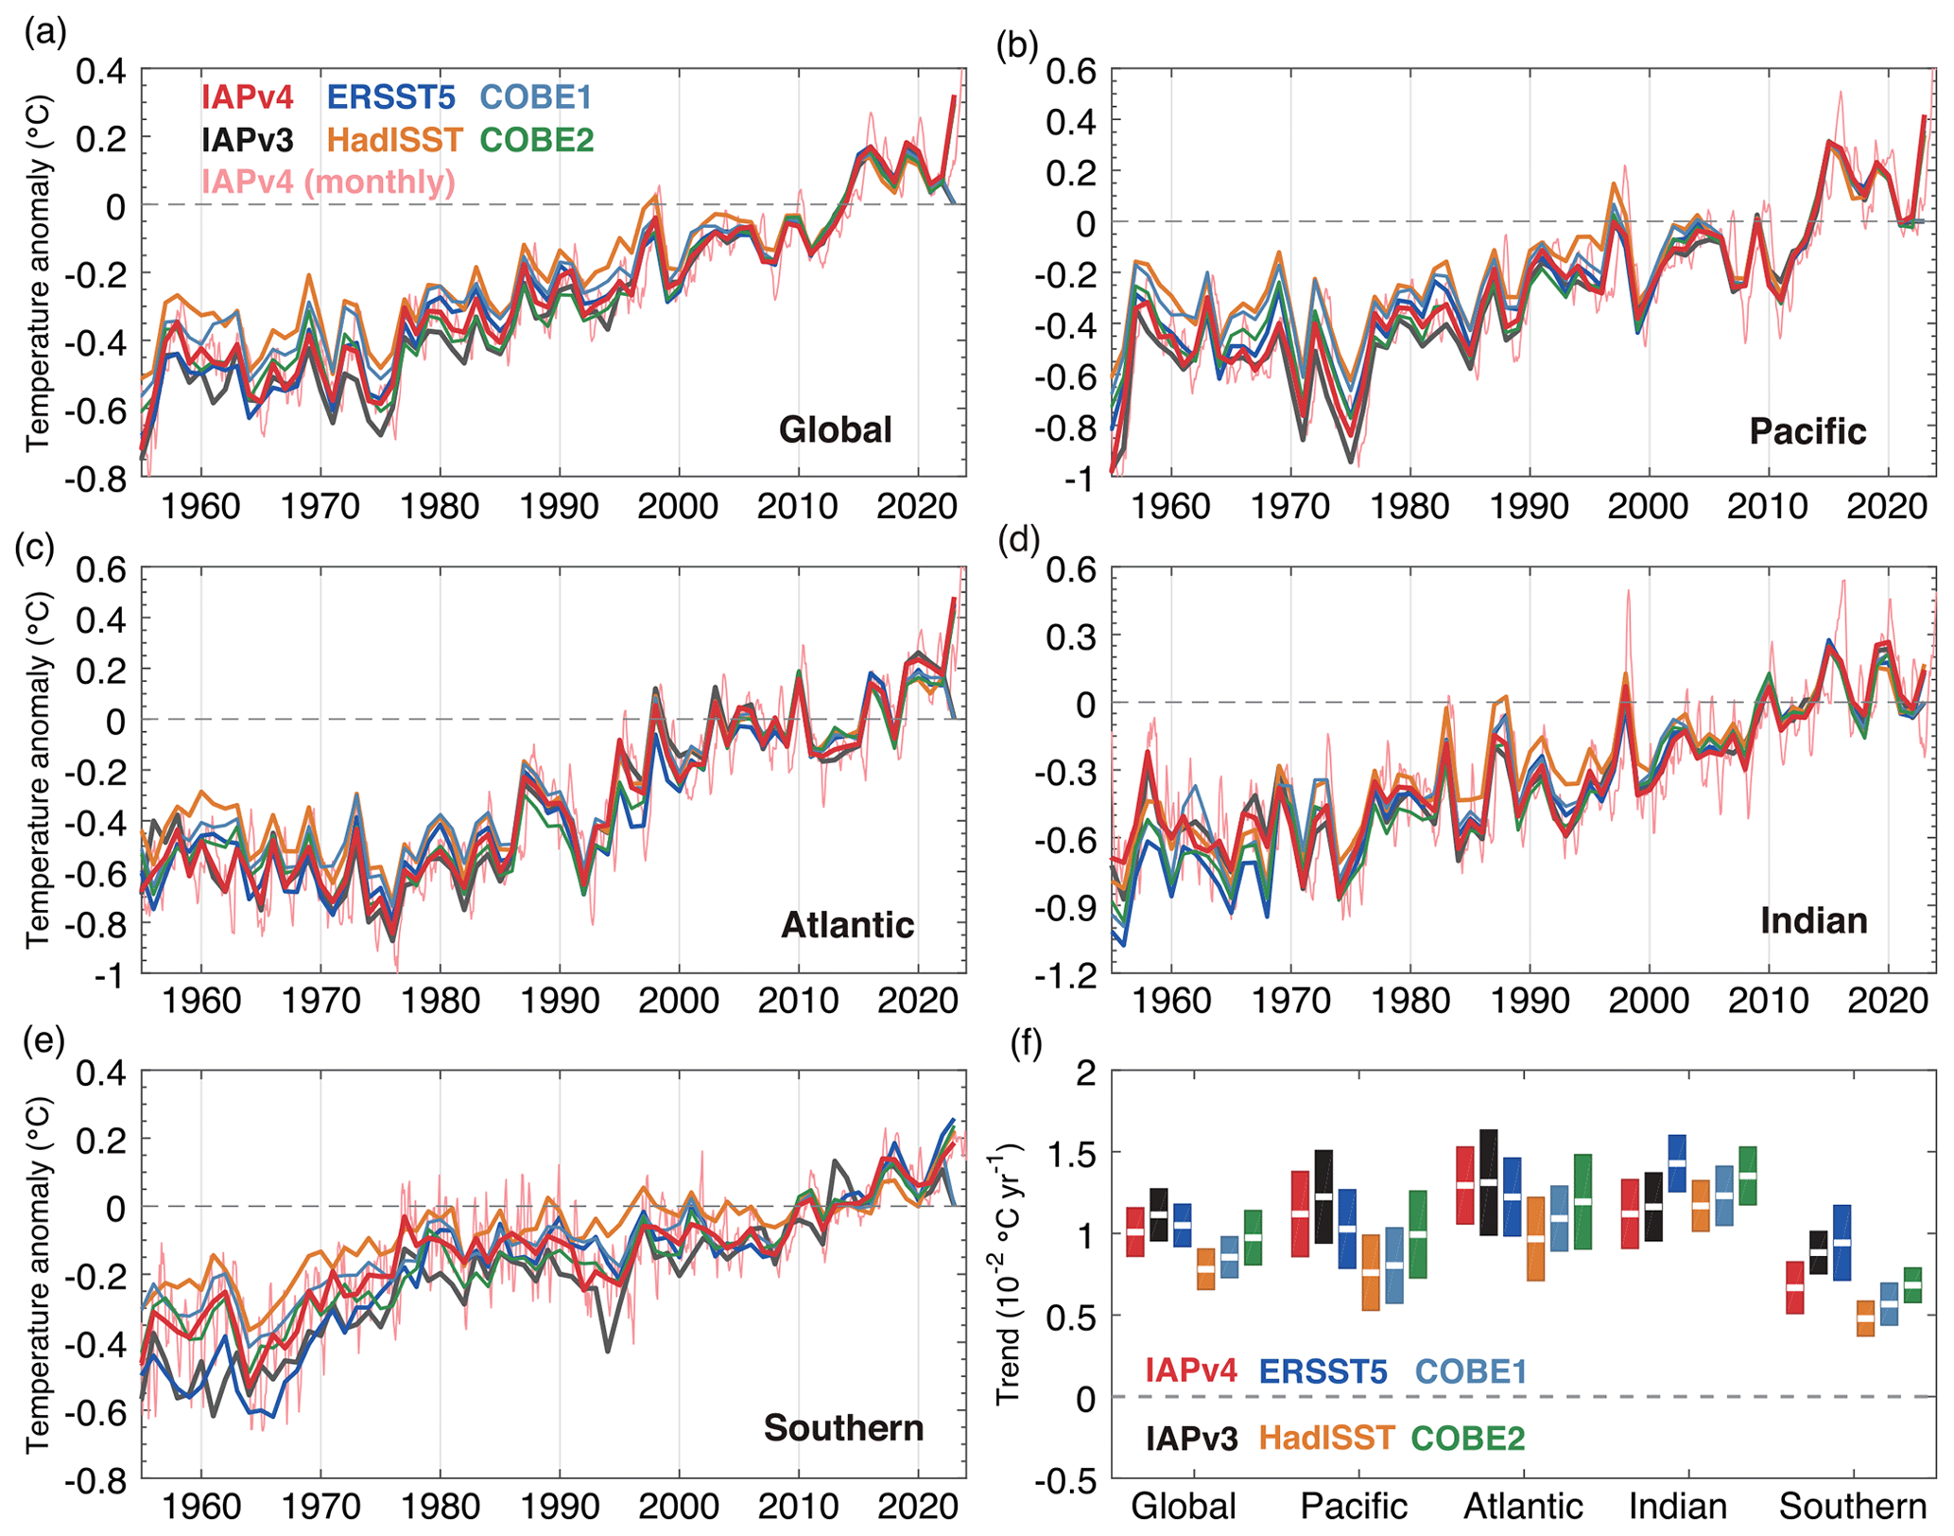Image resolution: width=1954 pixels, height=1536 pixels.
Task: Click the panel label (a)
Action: [x=45, y=34]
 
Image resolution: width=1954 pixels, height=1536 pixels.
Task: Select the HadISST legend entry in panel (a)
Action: [x=394, y=140]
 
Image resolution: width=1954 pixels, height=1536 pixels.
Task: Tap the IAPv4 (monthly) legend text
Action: [x=328, y=182]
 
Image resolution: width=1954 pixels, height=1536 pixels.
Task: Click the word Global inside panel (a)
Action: [x=835, y=429]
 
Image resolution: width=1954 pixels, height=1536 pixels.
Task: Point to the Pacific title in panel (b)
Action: [x=1807, y=431]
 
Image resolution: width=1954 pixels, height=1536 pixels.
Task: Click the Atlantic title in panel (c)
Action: [x=847, y=924]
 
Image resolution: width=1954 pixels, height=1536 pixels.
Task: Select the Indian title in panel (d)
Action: [x=1813, y=920]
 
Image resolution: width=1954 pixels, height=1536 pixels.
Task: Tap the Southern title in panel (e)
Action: [x=843, y=1427]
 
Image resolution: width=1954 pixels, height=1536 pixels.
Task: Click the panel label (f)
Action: [x=1026, y=1043]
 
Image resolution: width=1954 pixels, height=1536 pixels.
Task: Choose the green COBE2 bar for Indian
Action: [x=1748, y=1176]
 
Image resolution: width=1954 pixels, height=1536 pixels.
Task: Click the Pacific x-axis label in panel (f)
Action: [x=1354, y=1506]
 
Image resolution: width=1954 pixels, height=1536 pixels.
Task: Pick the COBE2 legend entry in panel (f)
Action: [x=1467, y=1438]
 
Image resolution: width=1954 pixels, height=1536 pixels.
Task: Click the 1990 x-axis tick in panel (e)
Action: [x=560, y=1506]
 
